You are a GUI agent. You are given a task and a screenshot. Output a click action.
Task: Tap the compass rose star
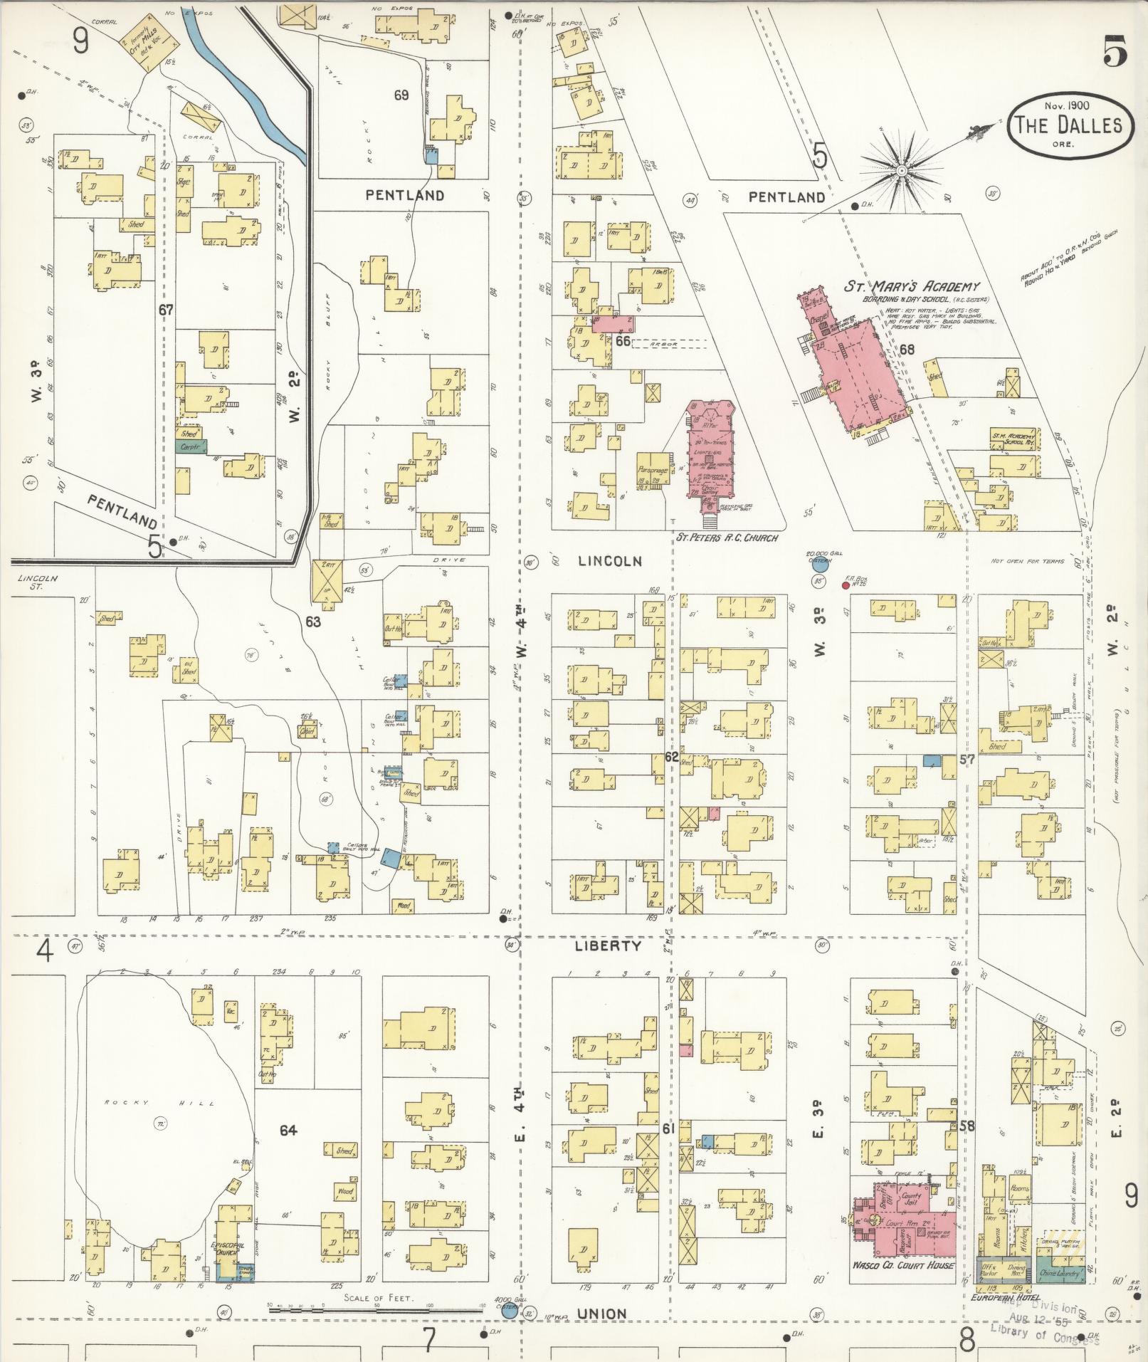902,171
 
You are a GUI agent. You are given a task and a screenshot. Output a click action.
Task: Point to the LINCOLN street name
609,561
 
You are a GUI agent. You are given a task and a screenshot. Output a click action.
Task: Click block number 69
401,95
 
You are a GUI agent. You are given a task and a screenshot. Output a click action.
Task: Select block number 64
288,1129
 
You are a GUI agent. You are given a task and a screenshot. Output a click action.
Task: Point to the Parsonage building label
653,470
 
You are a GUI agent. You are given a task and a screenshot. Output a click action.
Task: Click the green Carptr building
190,447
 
